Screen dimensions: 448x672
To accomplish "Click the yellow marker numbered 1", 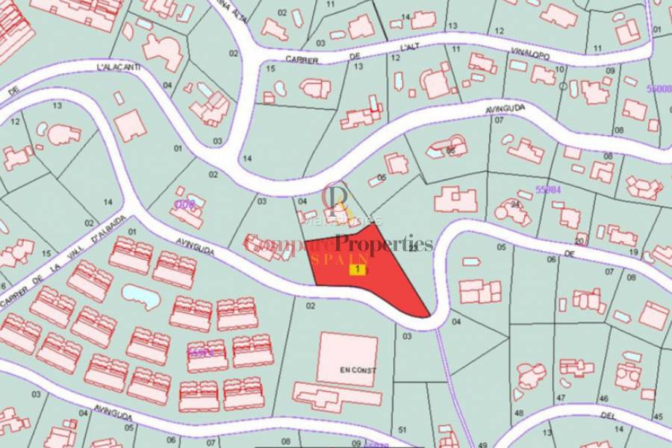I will pyautogui.click(x=358, y=269).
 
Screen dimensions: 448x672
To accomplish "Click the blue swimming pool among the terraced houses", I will pyautogui.click(x=140, y=296).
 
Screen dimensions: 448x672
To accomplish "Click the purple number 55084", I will pyautogui.click(x=549, y=190).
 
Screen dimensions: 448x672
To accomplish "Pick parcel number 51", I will pyautogui.click(x=402, y=429).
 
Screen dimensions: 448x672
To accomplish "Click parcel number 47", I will pyautogui.click(x=561, y=399).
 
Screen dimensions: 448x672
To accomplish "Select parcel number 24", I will pyautogui.click(x=515, y=203).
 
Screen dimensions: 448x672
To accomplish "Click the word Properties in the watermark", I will pyautogui.click(x=384, y=244).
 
